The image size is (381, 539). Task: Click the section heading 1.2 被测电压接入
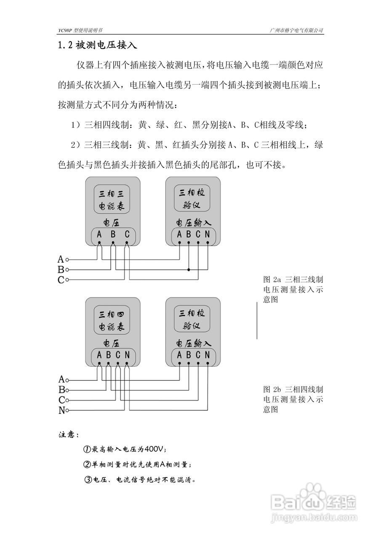pos(97,45)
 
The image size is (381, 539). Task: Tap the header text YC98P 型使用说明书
pos(80,31)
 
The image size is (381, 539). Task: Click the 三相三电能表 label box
pos(111,199)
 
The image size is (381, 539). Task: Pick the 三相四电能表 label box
pos(111,320)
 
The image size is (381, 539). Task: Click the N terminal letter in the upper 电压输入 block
pos(207,234)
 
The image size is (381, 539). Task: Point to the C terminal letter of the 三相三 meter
pos(127,234)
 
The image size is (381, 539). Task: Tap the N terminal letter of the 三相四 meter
pos(127,355)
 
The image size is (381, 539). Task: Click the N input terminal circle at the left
pos(67,410)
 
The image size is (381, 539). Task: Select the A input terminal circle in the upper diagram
pos(67,259)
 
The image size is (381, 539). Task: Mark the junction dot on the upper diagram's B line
pos(189,269)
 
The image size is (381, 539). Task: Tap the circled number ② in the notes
pos(88,464)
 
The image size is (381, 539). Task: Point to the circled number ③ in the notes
pos(88,479)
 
